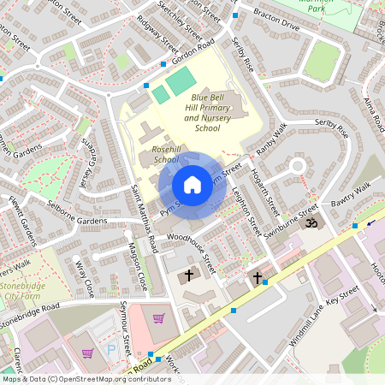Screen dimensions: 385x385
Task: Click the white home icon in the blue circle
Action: [x=192, y=185]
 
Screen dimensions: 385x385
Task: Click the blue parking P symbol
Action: [x=112, y=350]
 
